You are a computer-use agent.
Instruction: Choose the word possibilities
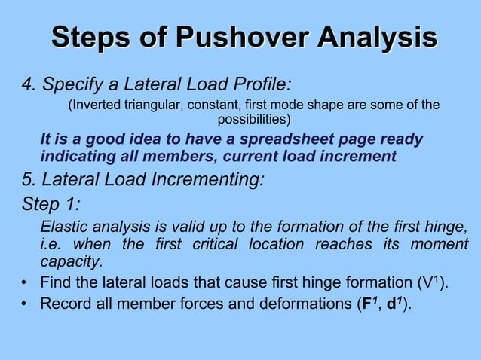pos(252,119)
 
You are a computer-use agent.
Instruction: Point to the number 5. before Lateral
pos(29,181)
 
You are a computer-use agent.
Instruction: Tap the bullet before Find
pos(26,284)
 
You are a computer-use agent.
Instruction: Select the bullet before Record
pos(26,304)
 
